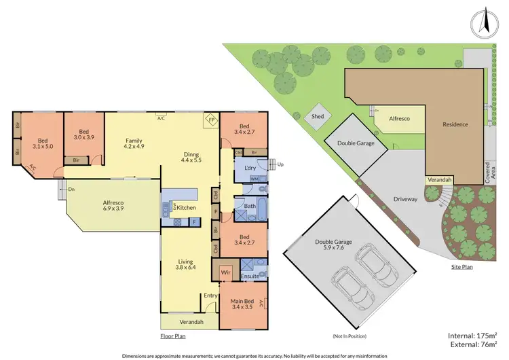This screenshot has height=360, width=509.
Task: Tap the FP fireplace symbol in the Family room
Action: [x=211, y=120]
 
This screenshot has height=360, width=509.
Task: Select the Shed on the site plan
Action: [x=318, y=116]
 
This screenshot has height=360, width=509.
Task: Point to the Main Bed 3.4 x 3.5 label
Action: [x=242, y=305]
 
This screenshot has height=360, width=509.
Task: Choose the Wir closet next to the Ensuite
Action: [x=226, y=272]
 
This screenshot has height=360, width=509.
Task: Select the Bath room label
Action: [x=250, y=205]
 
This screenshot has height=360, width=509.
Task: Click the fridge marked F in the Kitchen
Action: [x=194, y=221]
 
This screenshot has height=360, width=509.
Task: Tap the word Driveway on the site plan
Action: [x=407, y=200]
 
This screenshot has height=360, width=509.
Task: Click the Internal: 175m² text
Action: [x=472, y=336]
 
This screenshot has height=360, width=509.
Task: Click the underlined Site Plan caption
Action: [x=461, y=267]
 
